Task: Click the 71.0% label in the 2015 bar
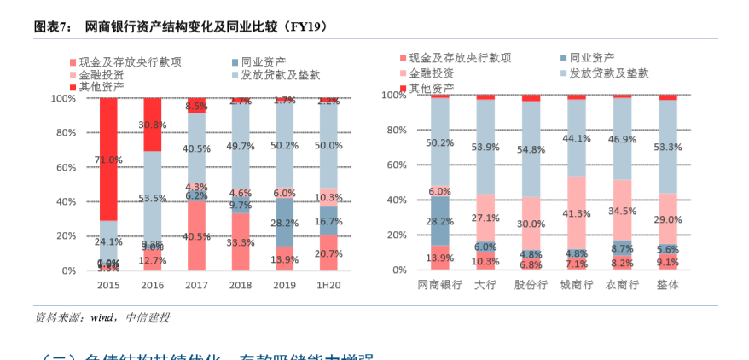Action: [108, 160]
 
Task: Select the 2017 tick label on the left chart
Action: [196, 285]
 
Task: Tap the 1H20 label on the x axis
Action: [329, 285]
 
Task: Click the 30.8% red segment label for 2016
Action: [152, 125]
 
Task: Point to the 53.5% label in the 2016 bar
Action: [152, 198]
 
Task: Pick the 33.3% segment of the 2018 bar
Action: [241, 242]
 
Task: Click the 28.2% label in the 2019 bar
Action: [285, 224]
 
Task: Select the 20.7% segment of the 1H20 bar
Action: [329, 253]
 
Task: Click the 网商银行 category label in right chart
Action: [439, 284]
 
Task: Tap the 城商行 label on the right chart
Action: [577, 284]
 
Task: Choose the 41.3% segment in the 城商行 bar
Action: [577, 213]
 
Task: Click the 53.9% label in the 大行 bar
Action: [485, 147]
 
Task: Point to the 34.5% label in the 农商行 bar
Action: [622, 210]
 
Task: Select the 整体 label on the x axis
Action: [668, 284]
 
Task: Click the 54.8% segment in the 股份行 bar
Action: [531, 149]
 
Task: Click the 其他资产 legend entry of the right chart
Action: [431, 88]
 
